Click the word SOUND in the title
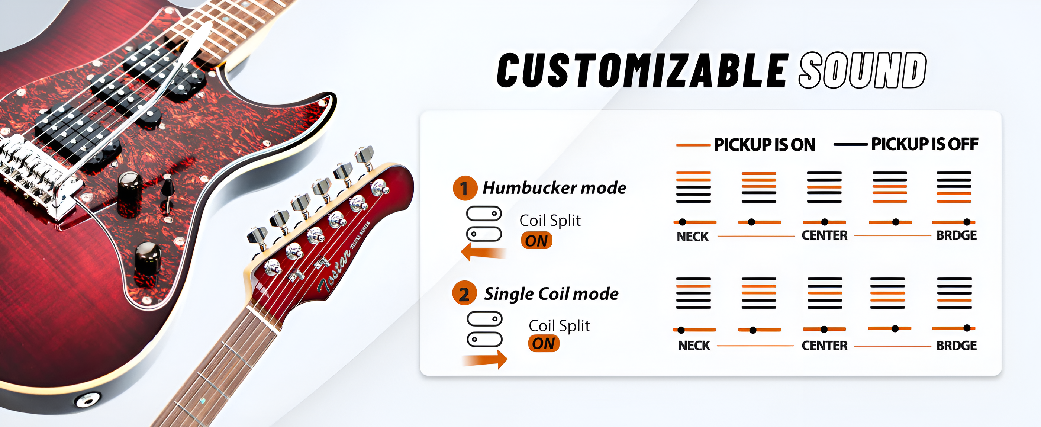[863, 70]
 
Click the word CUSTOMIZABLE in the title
[642, 70]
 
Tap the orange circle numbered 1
[464, 188]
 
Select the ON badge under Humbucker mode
[536, 241]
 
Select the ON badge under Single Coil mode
[544, 343]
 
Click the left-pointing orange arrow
[483, 252]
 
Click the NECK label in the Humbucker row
[693, 237]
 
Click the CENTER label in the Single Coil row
[824, 346]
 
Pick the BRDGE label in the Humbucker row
[957, 235]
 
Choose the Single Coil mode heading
[551, 294]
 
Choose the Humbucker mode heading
[554, 187]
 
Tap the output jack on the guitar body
[87, 399]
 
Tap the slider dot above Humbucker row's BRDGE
[967, 222]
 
